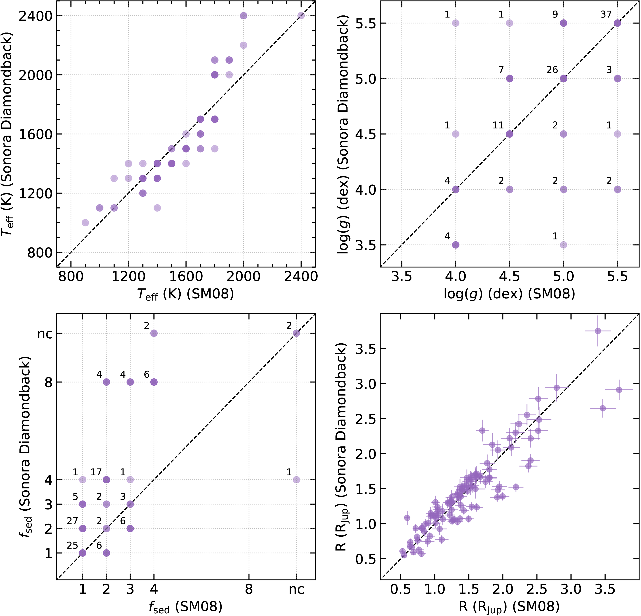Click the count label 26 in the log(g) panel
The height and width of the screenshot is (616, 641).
(x=552, y=70)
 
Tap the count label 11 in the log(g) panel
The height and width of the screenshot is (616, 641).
(x=498, y=125)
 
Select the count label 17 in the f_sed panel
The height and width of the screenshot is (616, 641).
(x=96, y=472)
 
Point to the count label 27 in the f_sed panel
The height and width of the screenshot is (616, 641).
(x=72, y=521)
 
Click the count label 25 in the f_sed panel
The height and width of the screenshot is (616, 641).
(x=72, y=545)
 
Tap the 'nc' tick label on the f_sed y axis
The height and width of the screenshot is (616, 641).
(x=45, y=334)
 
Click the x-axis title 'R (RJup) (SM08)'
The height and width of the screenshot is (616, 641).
(x=509, y=607)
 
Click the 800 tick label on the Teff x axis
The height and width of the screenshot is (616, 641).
(x=71, y=277)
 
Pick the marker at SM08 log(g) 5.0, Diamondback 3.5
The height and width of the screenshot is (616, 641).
(x=563, y=245)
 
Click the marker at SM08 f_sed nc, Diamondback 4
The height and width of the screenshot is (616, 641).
(x=296, y=480)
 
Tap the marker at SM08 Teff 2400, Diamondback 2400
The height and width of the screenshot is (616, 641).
(x=301, y=16)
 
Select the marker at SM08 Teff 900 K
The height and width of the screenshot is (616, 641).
(x=85, y=223)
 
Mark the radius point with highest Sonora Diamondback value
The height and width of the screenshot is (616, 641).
(x=597, y=331)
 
